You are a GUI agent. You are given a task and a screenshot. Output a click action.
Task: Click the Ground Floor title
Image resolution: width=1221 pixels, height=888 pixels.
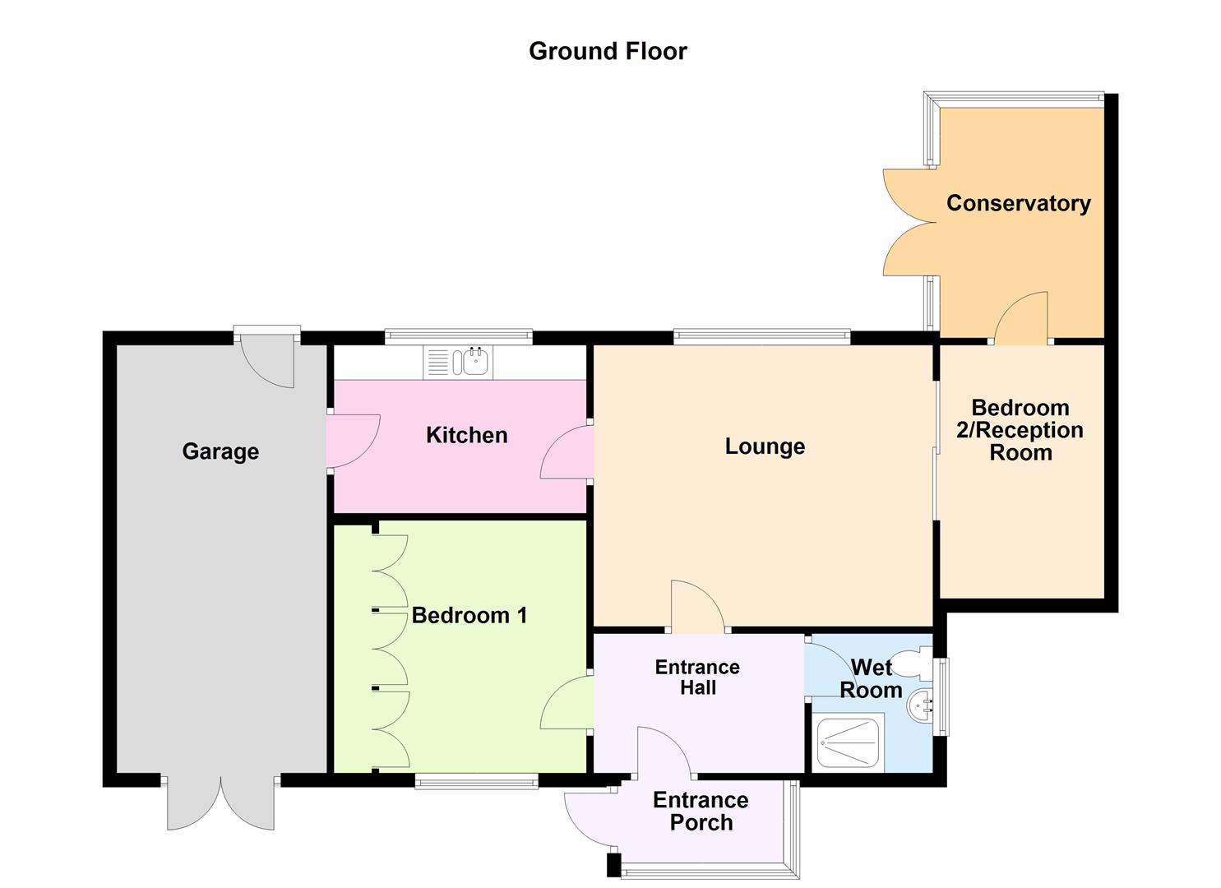click(x=608, y=51)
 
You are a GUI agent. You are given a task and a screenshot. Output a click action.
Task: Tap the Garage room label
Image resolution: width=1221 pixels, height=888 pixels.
click(x=220, y=451)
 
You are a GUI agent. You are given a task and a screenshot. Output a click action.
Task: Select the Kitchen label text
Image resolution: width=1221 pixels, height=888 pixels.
click(x=466, y=435)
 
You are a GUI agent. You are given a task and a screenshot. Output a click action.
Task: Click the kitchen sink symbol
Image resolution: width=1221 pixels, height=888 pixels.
click(x=459, y=363)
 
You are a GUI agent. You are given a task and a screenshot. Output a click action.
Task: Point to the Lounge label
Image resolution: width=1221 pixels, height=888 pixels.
click(x=765, y=446)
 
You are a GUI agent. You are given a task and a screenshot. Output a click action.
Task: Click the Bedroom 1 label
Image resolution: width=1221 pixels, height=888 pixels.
click(x=469, y=615)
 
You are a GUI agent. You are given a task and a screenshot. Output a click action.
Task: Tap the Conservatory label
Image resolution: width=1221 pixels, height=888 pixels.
click(x=1018, y=203)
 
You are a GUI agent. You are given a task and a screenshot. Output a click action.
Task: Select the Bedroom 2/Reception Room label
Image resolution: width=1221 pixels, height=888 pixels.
click(x=1020, y=430)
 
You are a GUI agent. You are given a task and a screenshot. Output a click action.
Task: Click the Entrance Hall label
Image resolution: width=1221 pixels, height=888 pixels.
click(x=697, y=678)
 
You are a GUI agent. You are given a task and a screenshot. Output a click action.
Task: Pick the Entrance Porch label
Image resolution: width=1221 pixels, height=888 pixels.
click(x=701, y=811)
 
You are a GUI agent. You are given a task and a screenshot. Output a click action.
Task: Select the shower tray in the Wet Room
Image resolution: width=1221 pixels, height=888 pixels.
click(x=848, y=742)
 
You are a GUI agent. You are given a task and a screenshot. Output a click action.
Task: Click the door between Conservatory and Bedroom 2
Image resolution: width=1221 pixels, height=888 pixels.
click(x=1022, y=319)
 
